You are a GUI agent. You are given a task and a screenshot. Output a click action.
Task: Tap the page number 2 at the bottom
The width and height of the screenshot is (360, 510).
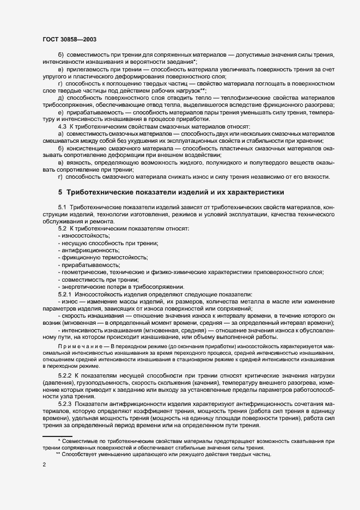click(x=44, y=464)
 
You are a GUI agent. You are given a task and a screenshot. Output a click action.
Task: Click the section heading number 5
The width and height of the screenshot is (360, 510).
click(x=60, y=192)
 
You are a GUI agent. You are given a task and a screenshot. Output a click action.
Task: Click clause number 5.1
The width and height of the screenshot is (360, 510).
click(x=62, y=208)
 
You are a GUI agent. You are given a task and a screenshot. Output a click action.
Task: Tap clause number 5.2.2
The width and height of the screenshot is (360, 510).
click(x=65, y=377)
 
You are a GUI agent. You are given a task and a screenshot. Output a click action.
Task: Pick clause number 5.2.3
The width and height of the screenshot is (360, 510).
click(x=65, y=404)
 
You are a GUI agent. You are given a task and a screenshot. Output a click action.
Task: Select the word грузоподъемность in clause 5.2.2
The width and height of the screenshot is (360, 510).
click(x=100, y=384)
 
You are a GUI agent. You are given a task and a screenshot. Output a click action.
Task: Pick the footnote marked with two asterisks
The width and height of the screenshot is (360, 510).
click(x=163, y=454)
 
